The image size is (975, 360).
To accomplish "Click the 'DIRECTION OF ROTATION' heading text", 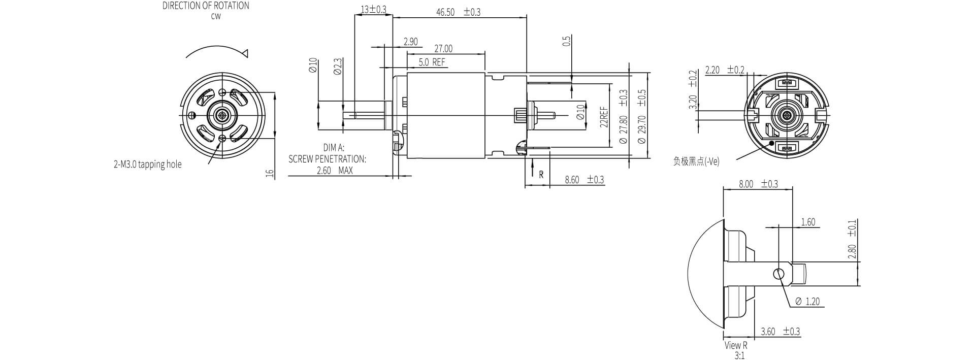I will tap(206, 6).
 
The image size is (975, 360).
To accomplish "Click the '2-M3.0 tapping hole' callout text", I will tap(147, 165).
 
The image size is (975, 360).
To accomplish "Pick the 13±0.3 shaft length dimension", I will tap(373, 9).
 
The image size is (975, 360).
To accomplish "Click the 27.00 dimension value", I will tap(443, 49).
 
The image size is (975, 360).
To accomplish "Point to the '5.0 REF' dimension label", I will tap(432, 63).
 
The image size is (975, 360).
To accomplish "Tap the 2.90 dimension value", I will tap(410, 42).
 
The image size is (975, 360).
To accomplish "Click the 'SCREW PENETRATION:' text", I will tap(327, 159).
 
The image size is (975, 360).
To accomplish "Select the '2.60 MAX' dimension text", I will tap(334, 171).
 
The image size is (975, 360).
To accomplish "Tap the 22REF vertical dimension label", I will tap(604, 117).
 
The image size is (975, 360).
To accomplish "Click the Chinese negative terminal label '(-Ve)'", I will tap(696, 162).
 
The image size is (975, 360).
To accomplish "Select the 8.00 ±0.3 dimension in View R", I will tap(758, 184).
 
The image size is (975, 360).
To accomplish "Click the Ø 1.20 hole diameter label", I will tap(807, 302).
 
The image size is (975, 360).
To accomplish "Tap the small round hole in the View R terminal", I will tap(778, 274).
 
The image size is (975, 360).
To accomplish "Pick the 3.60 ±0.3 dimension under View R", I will tap(780, 332).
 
